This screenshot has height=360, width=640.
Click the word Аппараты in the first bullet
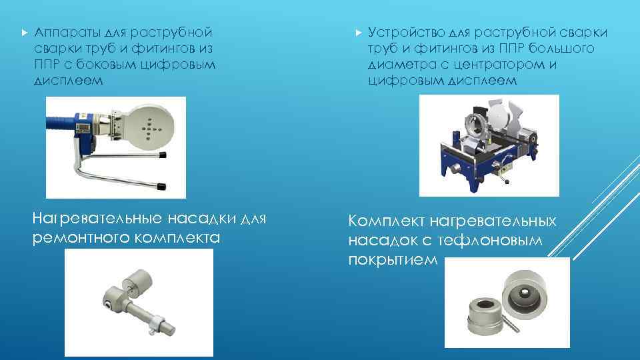point(61,33)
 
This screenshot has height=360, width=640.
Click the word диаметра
point(398,65)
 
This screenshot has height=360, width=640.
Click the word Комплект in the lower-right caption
point(386,221)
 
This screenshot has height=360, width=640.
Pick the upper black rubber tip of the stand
point(162,155)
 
